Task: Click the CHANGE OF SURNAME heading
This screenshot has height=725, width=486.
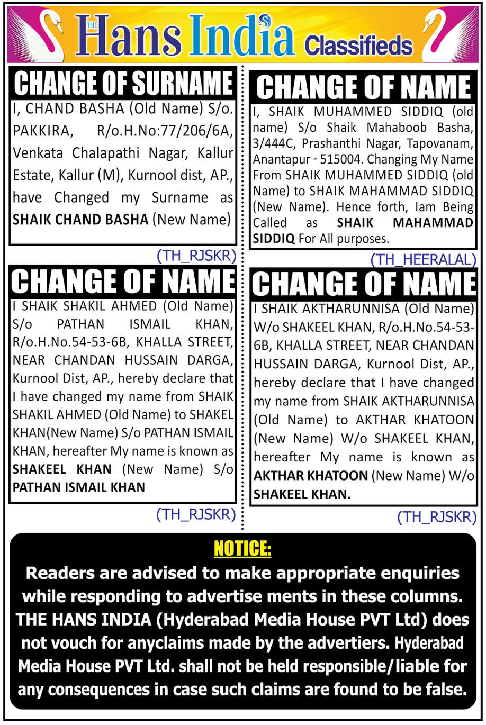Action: click(123, 83)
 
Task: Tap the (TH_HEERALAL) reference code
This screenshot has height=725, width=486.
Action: click(422, 259)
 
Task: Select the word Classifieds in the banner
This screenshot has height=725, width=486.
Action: click(358, 46)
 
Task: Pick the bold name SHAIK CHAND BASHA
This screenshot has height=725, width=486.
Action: click(80, 219)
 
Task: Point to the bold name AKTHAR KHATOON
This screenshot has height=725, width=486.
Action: click(311, 475)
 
